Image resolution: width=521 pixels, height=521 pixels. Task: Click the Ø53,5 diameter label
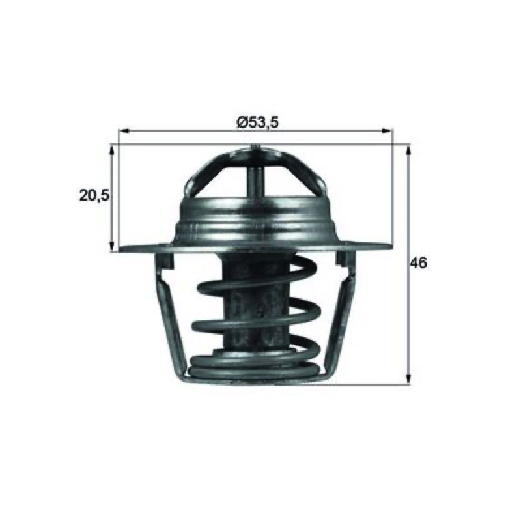coord(257,122)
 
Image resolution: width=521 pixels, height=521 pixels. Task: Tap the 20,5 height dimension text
coord(94,196)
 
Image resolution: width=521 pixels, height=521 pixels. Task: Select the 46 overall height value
coord(417,263)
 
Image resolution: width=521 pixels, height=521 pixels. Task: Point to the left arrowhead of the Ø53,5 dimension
coord(124,131)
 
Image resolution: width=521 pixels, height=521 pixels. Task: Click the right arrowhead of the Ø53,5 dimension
coord(387,131)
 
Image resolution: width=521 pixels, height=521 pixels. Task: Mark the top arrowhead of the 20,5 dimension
coord(112,150)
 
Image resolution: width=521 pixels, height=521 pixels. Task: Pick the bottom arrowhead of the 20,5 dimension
coord(112,246)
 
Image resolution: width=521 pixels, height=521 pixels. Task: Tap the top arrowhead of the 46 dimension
coord(409,150)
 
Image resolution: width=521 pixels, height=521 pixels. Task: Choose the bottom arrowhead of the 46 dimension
coord(409,379)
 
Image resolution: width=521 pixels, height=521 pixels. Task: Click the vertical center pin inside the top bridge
coord(256,180)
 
